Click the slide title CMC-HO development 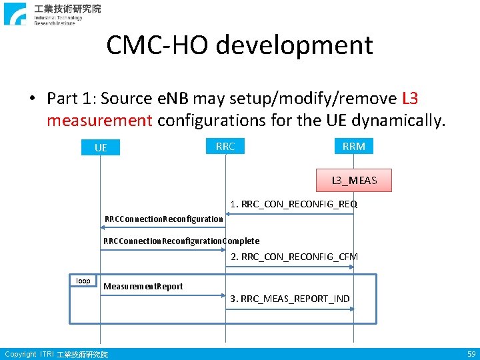coord(239,45)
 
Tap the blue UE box coord(101,147)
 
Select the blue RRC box coord(225,146)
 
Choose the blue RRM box coord(353,146)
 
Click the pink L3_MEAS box coord(354,180)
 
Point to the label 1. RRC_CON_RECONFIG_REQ coord(293,204)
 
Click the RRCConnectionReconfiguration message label coord(164,219)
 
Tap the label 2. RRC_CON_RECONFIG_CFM coord(294,257)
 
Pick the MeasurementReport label coord(143,286)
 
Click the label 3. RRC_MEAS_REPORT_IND coord(290,299)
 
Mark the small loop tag coord(83,281)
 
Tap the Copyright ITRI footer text coord(56,355)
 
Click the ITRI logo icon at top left coord(15,13)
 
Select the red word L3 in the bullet coord(410,99)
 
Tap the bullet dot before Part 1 coord(31,99)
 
